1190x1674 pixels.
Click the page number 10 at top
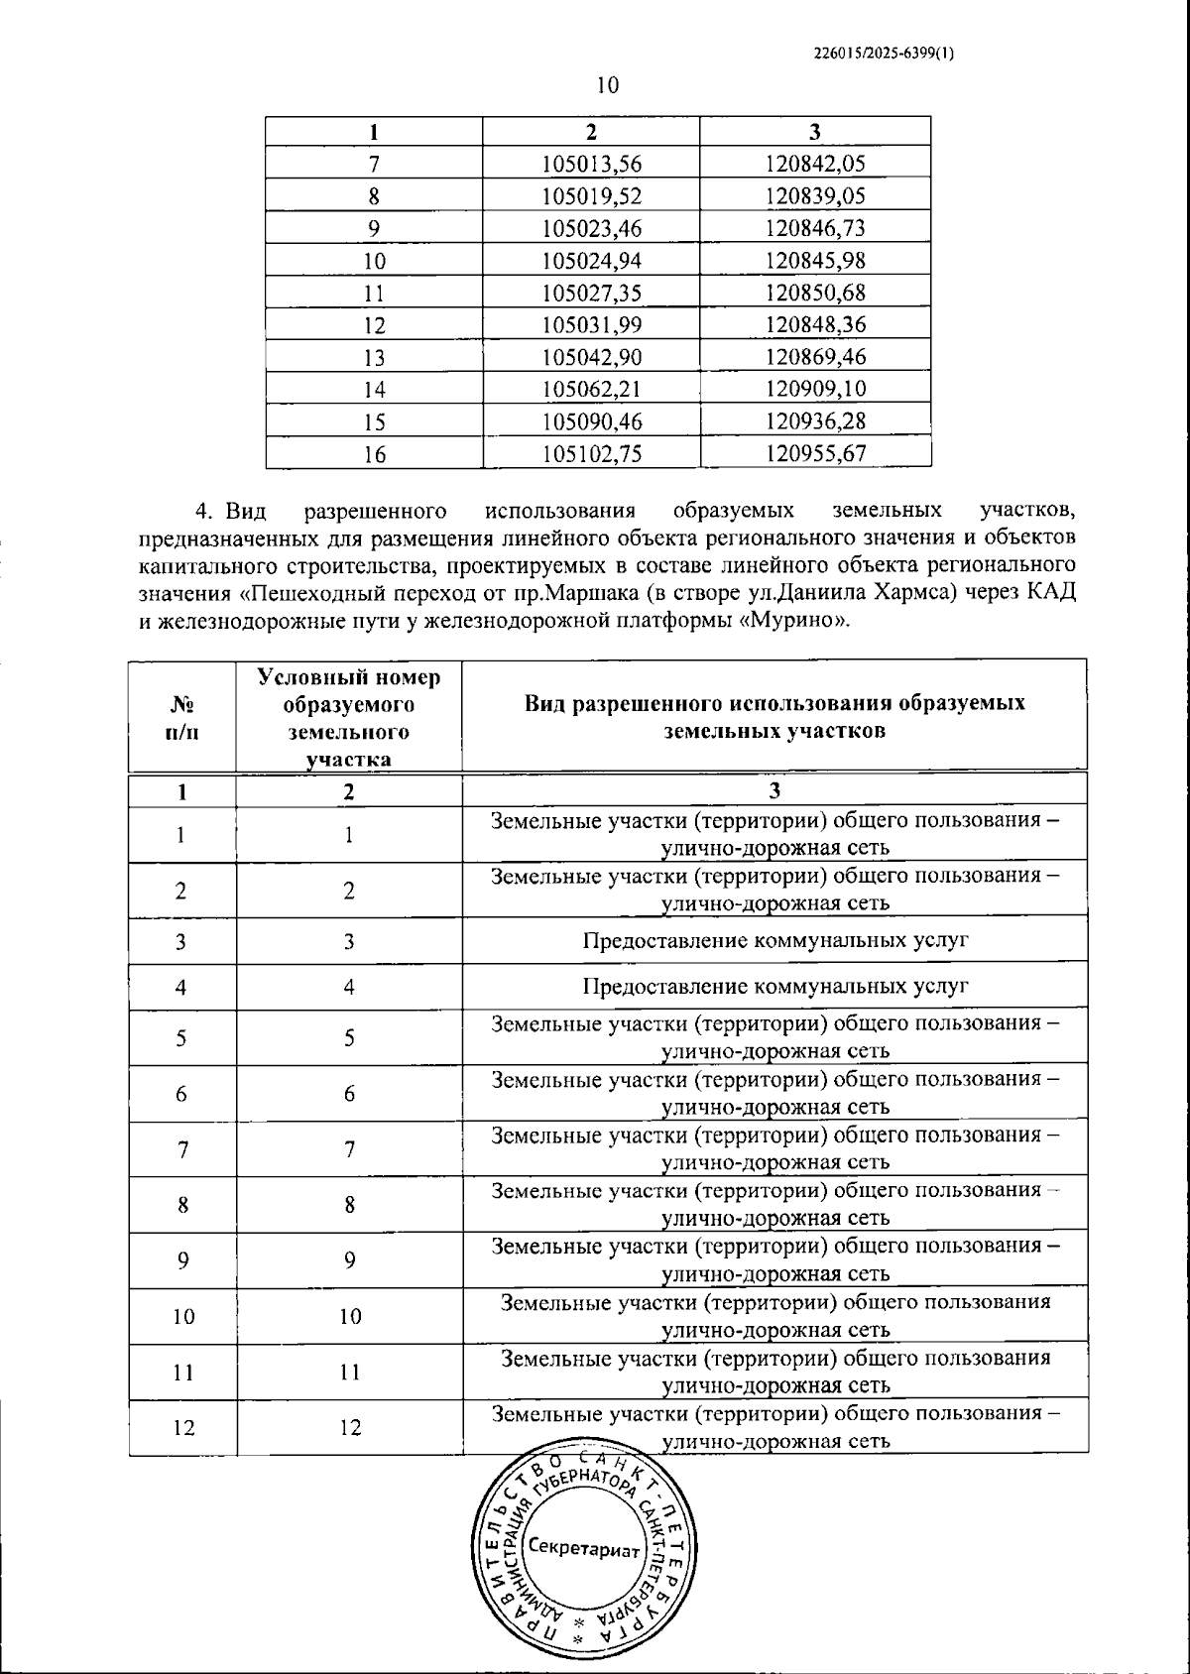(x=607, y=85)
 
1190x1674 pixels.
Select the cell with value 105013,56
(x=592, y=165)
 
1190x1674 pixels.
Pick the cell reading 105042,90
(x=592, y=358)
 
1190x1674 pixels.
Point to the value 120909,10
(x=815, y=390)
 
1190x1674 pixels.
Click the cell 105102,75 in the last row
(x=592, y=454)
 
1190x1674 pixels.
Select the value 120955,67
(x=815, y=454)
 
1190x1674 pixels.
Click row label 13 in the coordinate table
(x=374, y=358)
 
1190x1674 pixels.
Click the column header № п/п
(x=181, y=716)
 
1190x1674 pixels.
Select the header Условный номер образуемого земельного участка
(x=349, y=716)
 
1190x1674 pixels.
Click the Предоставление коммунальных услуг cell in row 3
(x=774, y=940)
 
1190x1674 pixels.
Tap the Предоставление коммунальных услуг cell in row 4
(x=774, y=987)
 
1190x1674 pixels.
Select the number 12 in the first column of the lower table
(x=182, y=1428)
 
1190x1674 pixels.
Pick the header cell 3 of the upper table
(x=815, y=132)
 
